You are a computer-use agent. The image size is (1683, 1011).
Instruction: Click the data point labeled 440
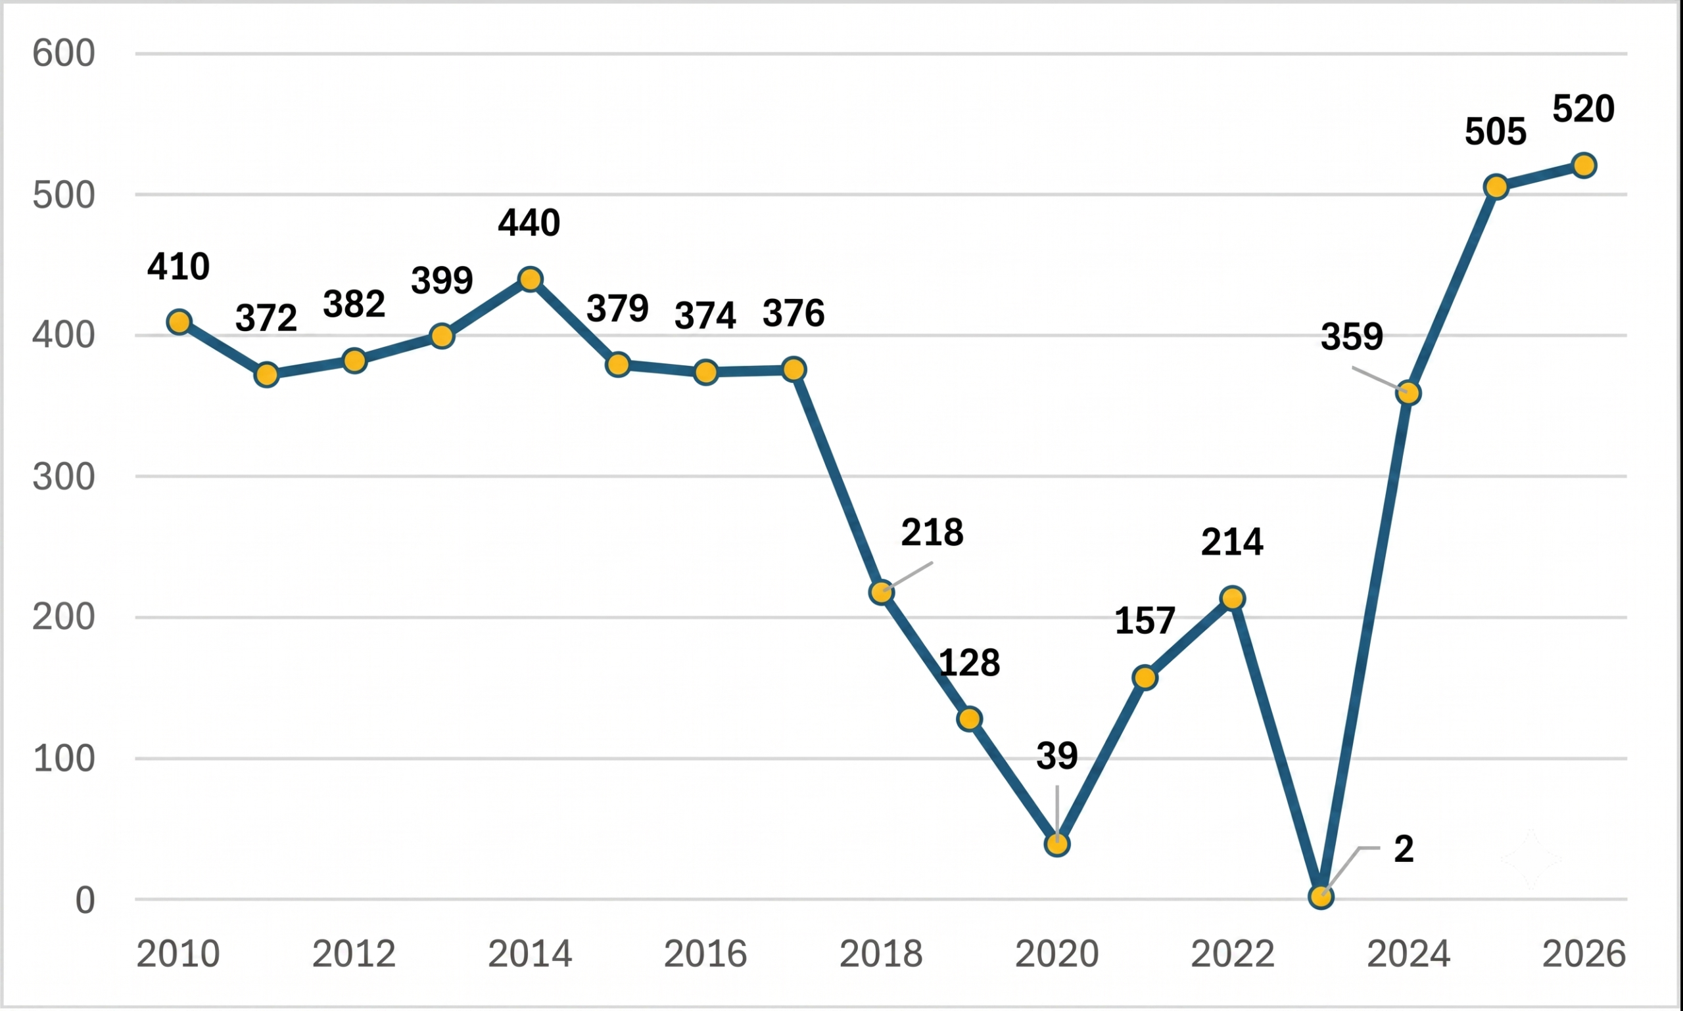click(x=530, y=279)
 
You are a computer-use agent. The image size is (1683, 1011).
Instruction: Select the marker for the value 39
click(x=1056, y=845)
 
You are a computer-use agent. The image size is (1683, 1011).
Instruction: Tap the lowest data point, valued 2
click(x=1321, y=897)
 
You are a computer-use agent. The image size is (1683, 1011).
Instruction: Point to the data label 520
click(x=1584, y=109)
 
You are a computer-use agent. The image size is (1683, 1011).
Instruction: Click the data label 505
click(x=1496, y=131)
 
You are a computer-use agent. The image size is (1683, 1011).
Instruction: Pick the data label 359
click(x=1352, y=336)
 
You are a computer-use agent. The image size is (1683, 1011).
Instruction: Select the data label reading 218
click(x=932, y=532)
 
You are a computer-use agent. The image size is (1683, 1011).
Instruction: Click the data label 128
click(x=969, y=662)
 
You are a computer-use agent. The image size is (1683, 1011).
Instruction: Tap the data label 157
click(x=1145, y=621)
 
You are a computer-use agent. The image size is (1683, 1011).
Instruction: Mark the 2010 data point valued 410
click(x=179, y=321)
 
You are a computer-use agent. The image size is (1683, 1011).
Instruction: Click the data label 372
click(x=266, y=317)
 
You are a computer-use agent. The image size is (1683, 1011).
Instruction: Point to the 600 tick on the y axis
click(x=63, y=53)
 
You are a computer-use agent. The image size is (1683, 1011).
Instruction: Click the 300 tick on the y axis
click(x=63, y=476)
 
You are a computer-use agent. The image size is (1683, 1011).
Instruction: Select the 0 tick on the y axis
click(x=85, y=900)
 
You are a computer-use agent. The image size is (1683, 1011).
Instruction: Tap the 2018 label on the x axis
click(x=881, y=954)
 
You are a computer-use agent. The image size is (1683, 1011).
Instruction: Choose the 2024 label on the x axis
click(x=1408, y=954)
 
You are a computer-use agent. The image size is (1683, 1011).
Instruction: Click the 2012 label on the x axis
click(x=354, y=954)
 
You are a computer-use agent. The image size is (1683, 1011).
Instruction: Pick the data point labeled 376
click(x=794, y=369)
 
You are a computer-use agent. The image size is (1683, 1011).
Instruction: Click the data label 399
click(x=442, y=280)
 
